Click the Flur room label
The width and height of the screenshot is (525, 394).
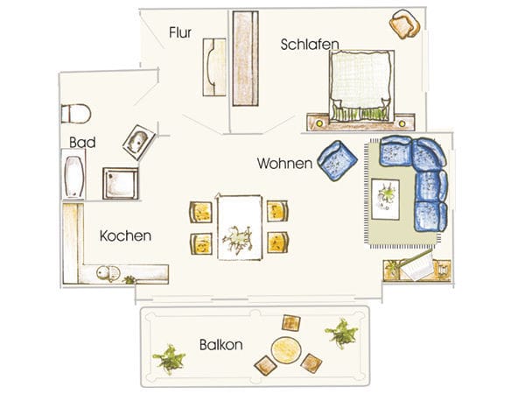pos(180,32)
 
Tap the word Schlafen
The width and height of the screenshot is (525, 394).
pos(310,45)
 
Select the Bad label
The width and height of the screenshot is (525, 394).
pos(82,143)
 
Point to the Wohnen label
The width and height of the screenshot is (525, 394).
pos(284,164)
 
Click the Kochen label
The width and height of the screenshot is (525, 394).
pos(125,236)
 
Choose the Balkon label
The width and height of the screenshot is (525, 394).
pos(221,345)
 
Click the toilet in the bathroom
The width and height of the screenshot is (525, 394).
pos(76,114)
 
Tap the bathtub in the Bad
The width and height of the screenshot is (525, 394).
pos(73,175)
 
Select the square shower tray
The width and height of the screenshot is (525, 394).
pos(121,183)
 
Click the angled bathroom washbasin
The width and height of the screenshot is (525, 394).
pos(139,142)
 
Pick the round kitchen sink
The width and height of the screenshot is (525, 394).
pos(105,272)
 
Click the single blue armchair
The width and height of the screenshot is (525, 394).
pos(337,160)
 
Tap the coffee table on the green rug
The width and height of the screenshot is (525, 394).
pos(385,200)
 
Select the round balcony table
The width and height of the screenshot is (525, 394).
pos(286,350)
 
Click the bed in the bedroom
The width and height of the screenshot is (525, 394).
pos(361,86)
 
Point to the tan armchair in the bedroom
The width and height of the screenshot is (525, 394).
pos(404,25)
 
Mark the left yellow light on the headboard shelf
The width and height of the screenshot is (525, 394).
pos(319,123)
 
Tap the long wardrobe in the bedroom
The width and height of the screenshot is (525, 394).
pos(245,59)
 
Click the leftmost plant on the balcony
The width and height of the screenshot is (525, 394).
pos(170,359)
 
